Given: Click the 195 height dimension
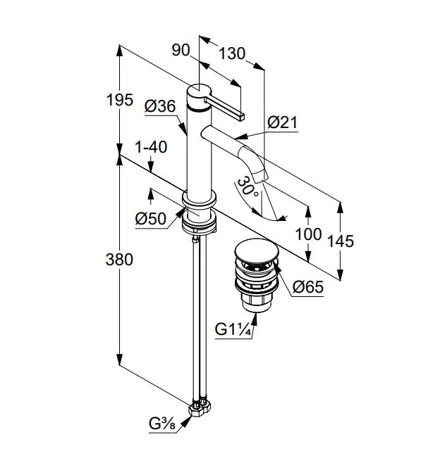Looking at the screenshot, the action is coord(120,100).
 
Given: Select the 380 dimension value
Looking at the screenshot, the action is coord(119,260).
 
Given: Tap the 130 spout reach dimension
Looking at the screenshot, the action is coord(232,53).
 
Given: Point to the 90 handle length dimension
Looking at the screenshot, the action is coord(181,51).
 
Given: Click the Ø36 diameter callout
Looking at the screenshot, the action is coord(160,106).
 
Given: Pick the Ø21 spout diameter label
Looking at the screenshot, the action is coord(282,122).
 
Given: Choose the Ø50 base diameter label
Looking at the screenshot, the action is coord(151,219).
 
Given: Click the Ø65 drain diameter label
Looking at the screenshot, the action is coord(308,287).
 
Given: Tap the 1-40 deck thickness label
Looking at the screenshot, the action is coord(151,147).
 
